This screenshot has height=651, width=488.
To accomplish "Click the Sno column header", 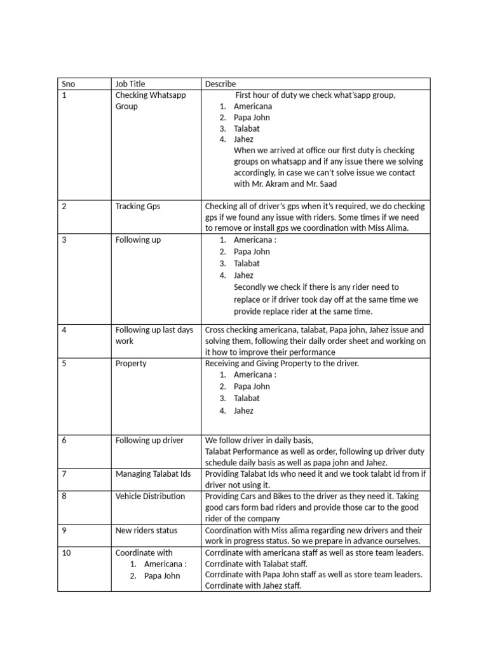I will pos(68,84).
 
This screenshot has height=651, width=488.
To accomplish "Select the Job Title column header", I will pos(130,84).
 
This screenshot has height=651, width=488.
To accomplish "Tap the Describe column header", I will pos(220,84).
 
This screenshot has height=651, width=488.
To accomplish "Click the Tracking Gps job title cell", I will pos(137,206).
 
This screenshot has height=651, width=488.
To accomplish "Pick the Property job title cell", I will pos(131,364).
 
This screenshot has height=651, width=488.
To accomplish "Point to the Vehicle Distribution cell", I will pos(151,496).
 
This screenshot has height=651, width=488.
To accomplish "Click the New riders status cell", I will pos(147,530).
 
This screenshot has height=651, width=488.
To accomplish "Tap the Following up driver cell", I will pos(149,440).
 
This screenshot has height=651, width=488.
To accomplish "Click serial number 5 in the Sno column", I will pos(64,364).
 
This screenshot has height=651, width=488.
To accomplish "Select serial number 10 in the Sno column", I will pos(66,553).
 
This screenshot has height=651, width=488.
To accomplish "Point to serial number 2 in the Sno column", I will pos(64,206).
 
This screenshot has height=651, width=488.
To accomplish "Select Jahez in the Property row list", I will pos(243,411).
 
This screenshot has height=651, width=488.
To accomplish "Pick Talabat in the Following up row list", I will pos(247,263).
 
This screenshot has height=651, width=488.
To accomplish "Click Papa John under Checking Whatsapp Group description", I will pos(252,118).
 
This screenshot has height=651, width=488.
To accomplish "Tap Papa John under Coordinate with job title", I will pos(162,576).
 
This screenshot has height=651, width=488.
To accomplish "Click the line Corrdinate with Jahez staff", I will pos(253,586).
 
